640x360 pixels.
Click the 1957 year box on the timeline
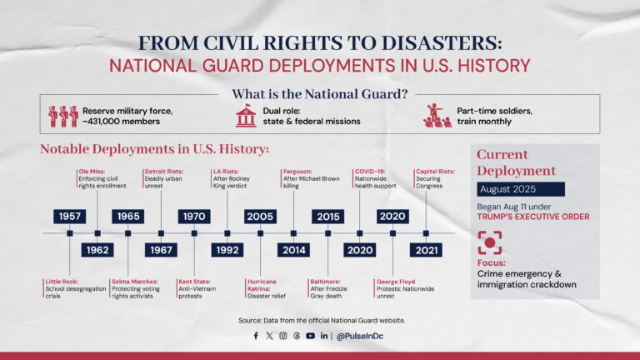click(x=70, y=217)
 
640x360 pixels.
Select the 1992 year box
click(x=227, y=249)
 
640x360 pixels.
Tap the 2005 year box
click(x=260, y=217)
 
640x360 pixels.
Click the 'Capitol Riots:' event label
click(x=435, y=171)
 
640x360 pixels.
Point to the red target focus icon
click(x=490, y=243)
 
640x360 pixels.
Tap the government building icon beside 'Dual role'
click(x=246, y=116)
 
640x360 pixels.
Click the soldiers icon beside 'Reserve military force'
click(x=62, y=116)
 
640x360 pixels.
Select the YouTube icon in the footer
click(x=310, y=336)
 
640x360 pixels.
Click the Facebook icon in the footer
click(x=256, y=336)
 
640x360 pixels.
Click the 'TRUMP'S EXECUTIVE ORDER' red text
click(x=534, y=217)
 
